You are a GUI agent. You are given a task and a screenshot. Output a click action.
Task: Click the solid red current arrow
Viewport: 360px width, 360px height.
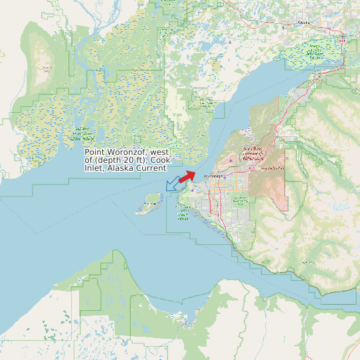point(188,175)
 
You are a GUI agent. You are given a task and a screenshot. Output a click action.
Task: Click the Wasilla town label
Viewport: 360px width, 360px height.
point(304,23)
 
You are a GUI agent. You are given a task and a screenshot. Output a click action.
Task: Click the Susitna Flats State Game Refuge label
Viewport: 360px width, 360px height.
point(82,134)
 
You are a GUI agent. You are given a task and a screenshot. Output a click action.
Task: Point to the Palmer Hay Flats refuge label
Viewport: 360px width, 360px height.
point(315,50)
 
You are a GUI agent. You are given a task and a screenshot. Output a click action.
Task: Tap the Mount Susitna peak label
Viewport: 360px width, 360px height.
point(47,68)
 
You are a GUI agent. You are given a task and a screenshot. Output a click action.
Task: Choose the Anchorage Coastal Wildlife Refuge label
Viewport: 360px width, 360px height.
point(184,213)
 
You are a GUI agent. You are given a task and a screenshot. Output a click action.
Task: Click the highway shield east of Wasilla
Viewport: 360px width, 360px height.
point(342,41)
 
